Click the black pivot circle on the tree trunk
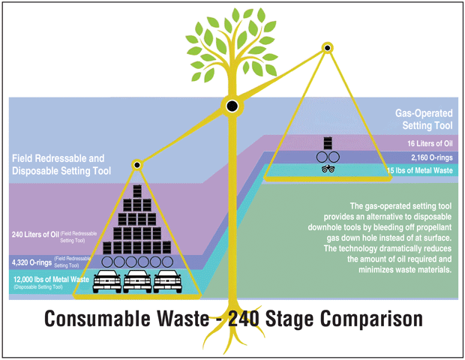[232, 105]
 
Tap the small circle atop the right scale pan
[328, 48]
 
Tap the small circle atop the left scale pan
[137, 163]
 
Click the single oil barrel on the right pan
[328, 143]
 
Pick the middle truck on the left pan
[137, 282]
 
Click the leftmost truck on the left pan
[105, 282]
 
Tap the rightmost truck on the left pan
[169, 282]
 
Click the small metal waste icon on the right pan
[328, 170]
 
